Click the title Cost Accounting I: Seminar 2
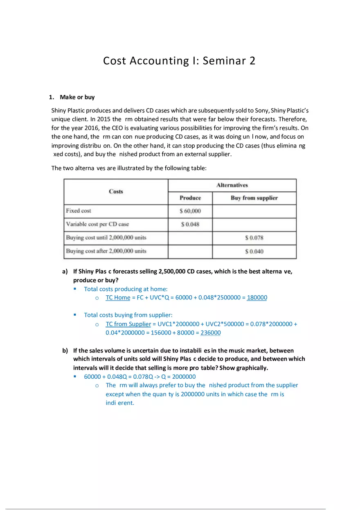coord(179,61)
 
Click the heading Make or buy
coord(77,97)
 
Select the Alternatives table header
coord(232,185)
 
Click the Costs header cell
coord(116,191)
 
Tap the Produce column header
coord(190,198)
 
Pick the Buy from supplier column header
coord(254,198)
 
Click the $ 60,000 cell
coord(190,211)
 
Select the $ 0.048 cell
coord(190,225)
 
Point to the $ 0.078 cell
coord(254,238)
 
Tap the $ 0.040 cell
coord(254,251)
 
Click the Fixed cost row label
coord(79,211)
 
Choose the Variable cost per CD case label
coord(97,224)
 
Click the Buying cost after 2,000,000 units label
coord(106,251)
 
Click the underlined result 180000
coord(257,297)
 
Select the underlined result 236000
coord(210,333)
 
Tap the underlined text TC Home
coord(118,297)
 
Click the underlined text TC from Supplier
coord(128,324)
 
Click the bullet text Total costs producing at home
coord(126,289)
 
